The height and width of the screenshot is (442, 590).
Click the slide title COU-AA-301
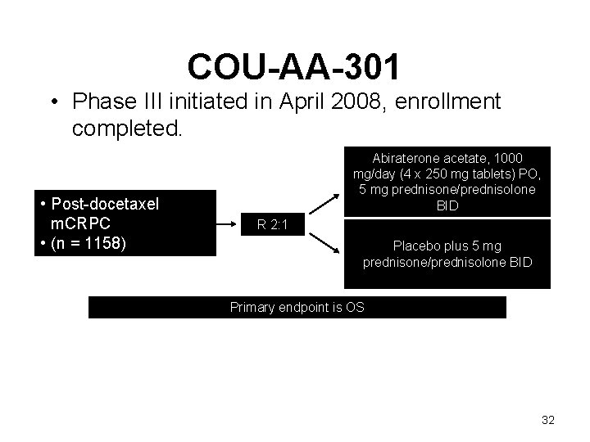click(x=294, y=67)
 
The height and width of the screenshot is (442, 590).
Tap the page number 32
click(x=548, y=420)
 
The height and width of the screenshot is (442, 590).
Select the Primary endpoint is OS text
click(x=297, y=308)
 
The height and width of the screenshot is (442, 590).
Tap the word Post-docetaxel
click(x=106, y=204)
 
